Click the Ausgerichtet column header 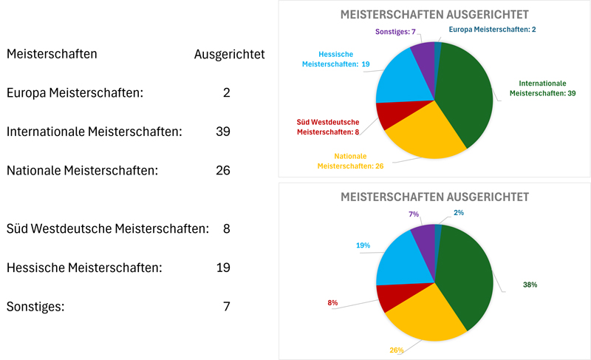(x=229, y=54)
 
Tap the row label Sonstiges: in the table (x=35, y=305)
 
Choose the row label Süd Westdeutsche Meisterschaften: (x=108, y=228)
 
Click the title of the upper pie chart (x=434, y=15)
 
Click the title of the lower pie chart (x=434, y=197)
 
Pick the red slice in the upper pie (x=389, y=116)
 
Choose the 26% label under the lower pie (x=397, y=350)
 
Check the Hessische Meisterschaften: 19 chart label (x=335, y=59)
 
